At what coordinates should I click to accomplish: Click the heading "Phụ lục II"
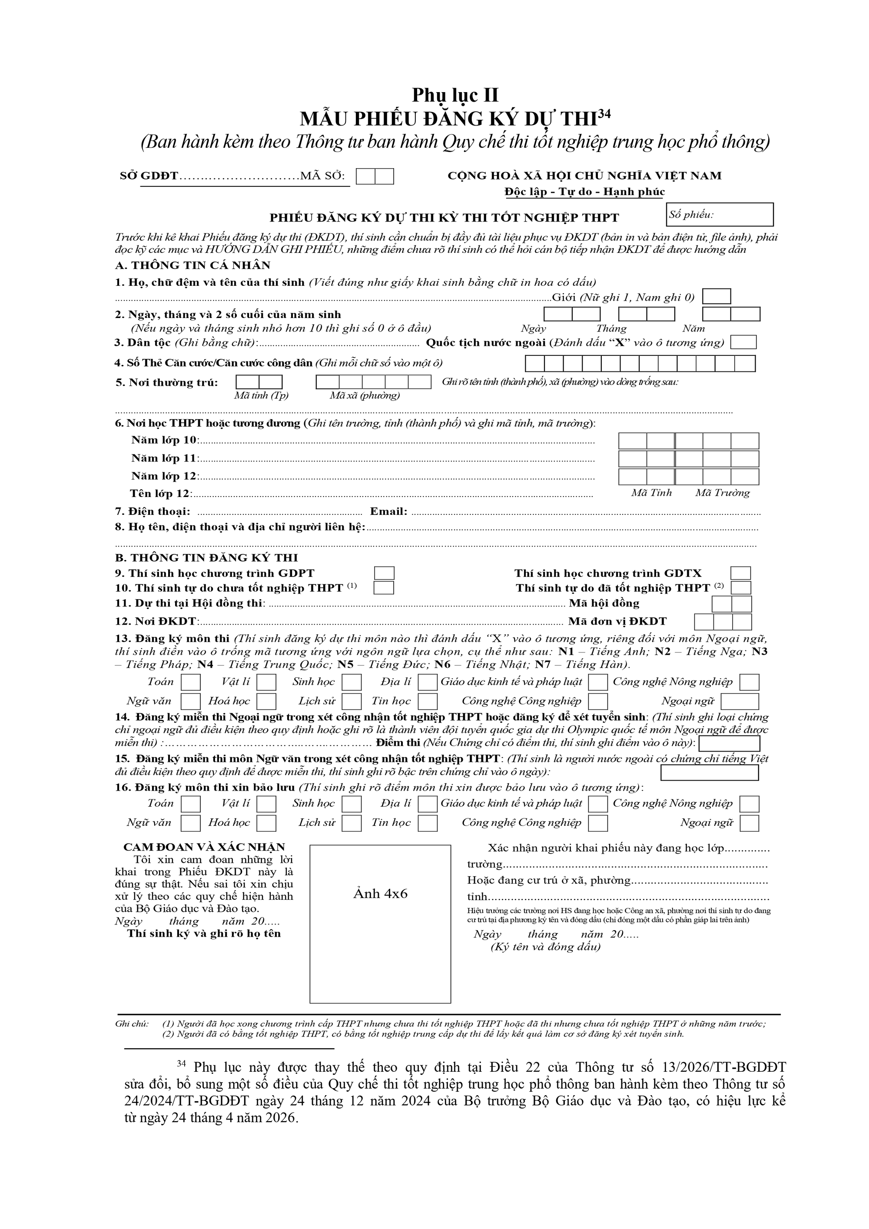pyautogui.click(x=454, y=95)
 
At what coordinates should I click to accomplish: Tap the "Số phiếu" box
pyautogui.click(x=719, y=215)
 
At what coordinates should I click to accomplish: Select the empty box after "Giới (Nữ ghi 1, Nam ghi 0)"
pyautogui.click(x=716, y=297)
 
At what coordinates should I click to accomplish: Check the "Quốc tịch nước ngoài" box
pyautogui.click(x=743, y=343)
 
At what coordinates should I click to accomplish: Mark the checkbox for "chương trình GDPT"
pyautogui.click(x=384, y=573)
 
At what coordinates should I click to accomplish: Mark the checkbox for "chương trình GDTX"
pyautogui.click(x=740, y=573)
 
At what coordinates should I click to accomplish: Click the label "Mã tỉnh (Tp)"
pyautogui.click(x=261, y=396)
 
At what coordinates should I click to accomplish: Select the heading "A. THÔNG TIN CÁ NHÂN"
pyautogui.click(x=193, y=265)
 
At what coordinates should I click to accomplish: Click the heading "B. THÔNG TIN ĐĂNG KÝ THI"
pyautogui.click(x=206, y=558)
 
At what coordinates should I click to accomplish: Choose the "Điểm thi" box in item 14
pyautogui.click(x=729, y=743)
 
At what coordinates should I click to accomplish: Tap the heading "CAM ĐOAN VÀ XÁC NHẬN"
pyautogui.click(x=204, y=847)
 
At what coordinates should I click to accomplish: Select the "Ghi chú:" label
pyautogui.click(x=132, y=1024)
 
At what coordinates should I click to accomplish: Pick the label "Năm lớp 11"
pyautogui.click(x=164, y=458)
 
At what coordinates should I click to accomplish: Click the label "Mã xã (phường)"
pyautogui.click(x=365, y=396)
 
